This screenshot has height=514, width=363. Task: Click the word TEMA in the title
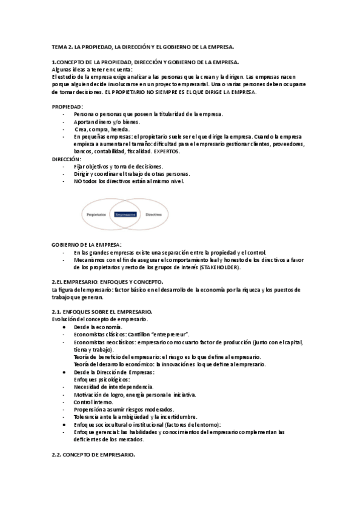pos(59,47)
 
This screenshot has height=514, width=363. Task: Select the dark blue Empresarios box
pos(125,214)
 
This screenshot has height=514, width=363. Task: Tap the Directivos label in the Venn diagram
pos(154,214)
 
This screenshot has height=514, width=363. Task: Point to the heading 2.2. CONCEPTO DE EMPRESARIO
pos(93,455)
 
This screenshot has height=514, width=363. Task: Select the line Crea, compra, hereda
pos(102,129)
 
